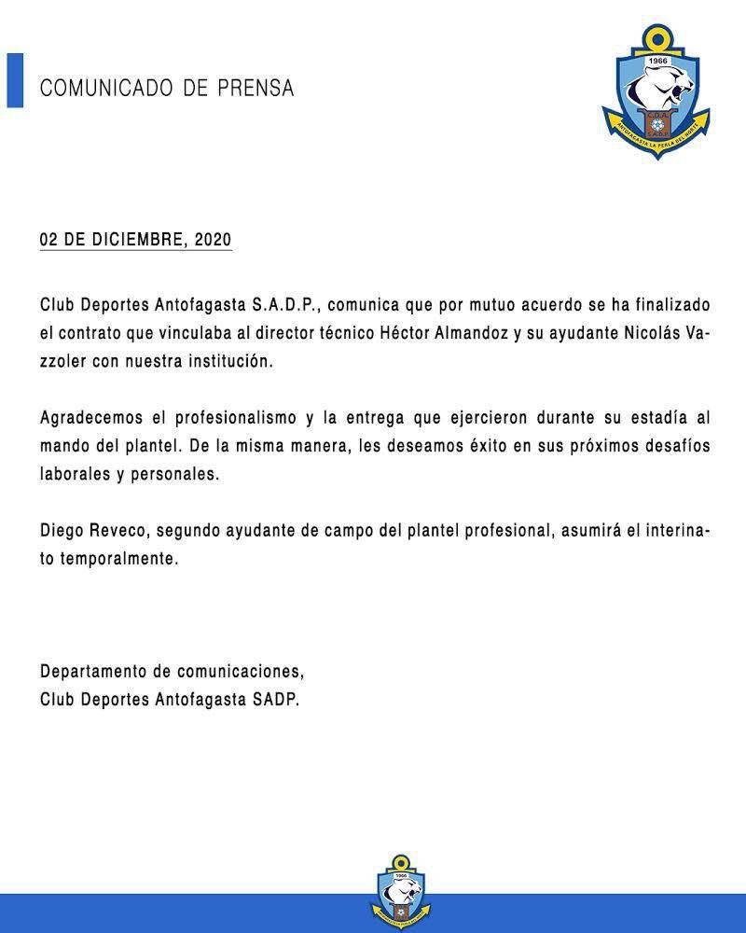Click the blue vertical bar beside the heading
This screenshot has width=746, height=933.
point(15,81)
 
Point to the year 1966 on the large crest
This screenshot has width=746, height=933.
point(658,62)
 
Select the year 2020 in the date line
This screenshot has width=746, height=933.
point(213,240)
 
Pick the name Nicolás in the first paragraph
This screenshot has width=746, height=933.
point(637,333)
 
